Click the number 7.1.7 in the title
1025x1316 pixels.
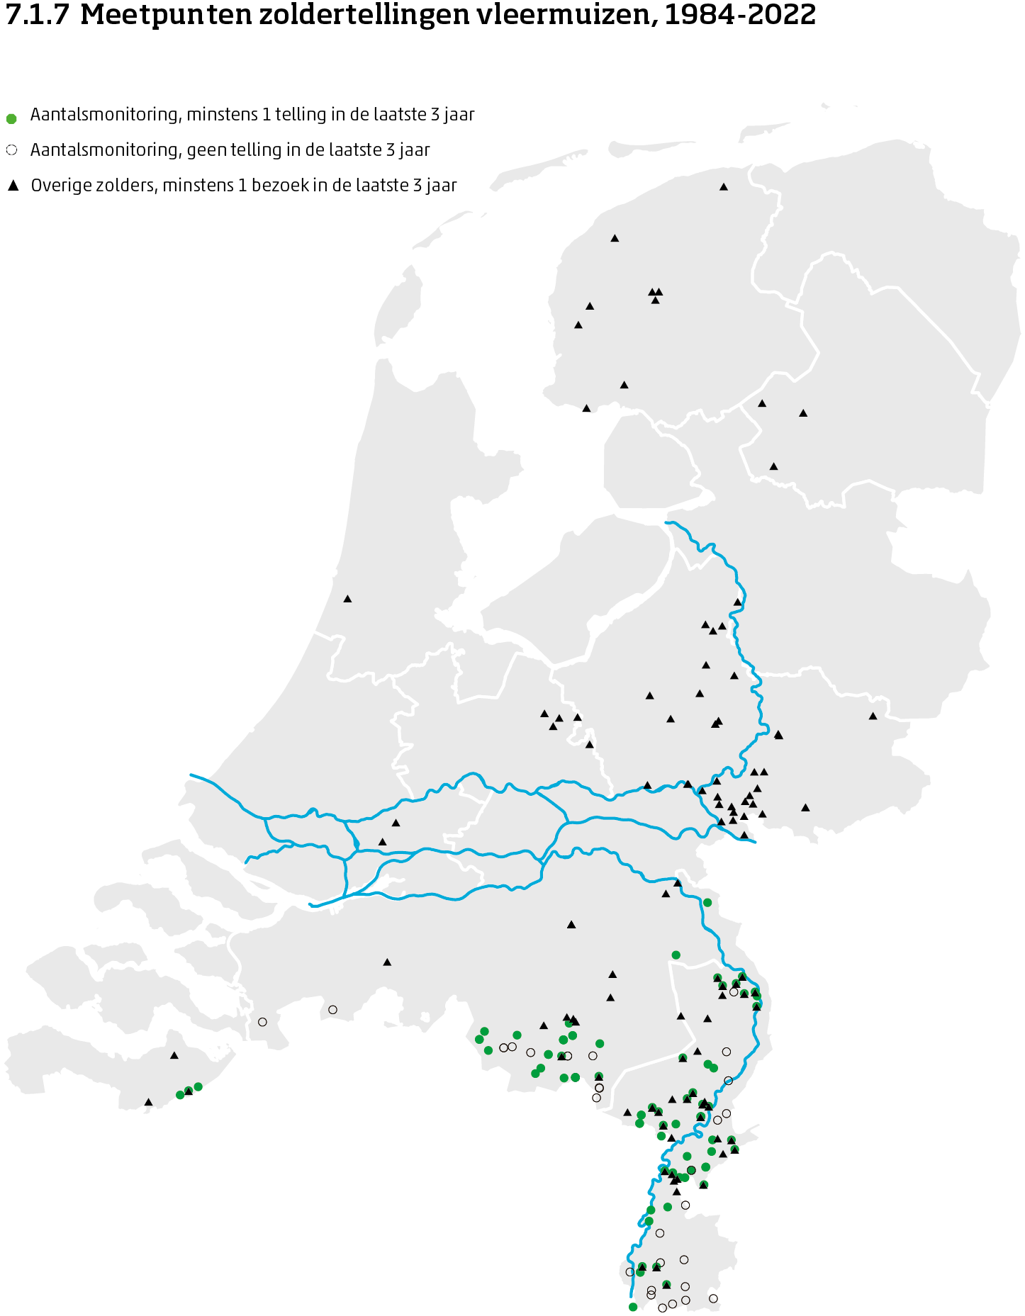coord(37,15)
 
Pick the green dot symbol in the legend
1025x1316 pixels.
coord(11,118)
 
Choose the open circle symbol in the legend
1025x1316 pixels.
coord(11,150)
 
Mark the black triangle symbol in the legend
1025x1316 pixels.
coord(13,186)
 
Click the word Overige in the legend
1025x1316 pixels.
coord(59,186)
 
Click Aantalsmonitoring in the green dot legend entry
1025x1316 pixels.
coord(103,115)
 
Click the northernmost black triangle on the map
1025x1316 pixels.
coord(724,187)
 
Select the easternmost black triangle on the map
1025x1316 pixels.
coord(873,716)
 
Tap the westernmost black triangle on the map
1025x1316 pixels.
coord(148,1102)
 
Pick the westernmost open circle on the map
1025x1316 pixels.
coord(262,1022)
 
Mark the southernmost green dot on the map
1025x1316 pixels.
coord(633,1307)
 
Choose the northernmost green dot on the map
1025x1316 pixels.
coord(707,902)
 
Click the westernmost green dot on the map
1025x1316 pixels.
coord(180,1095)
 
